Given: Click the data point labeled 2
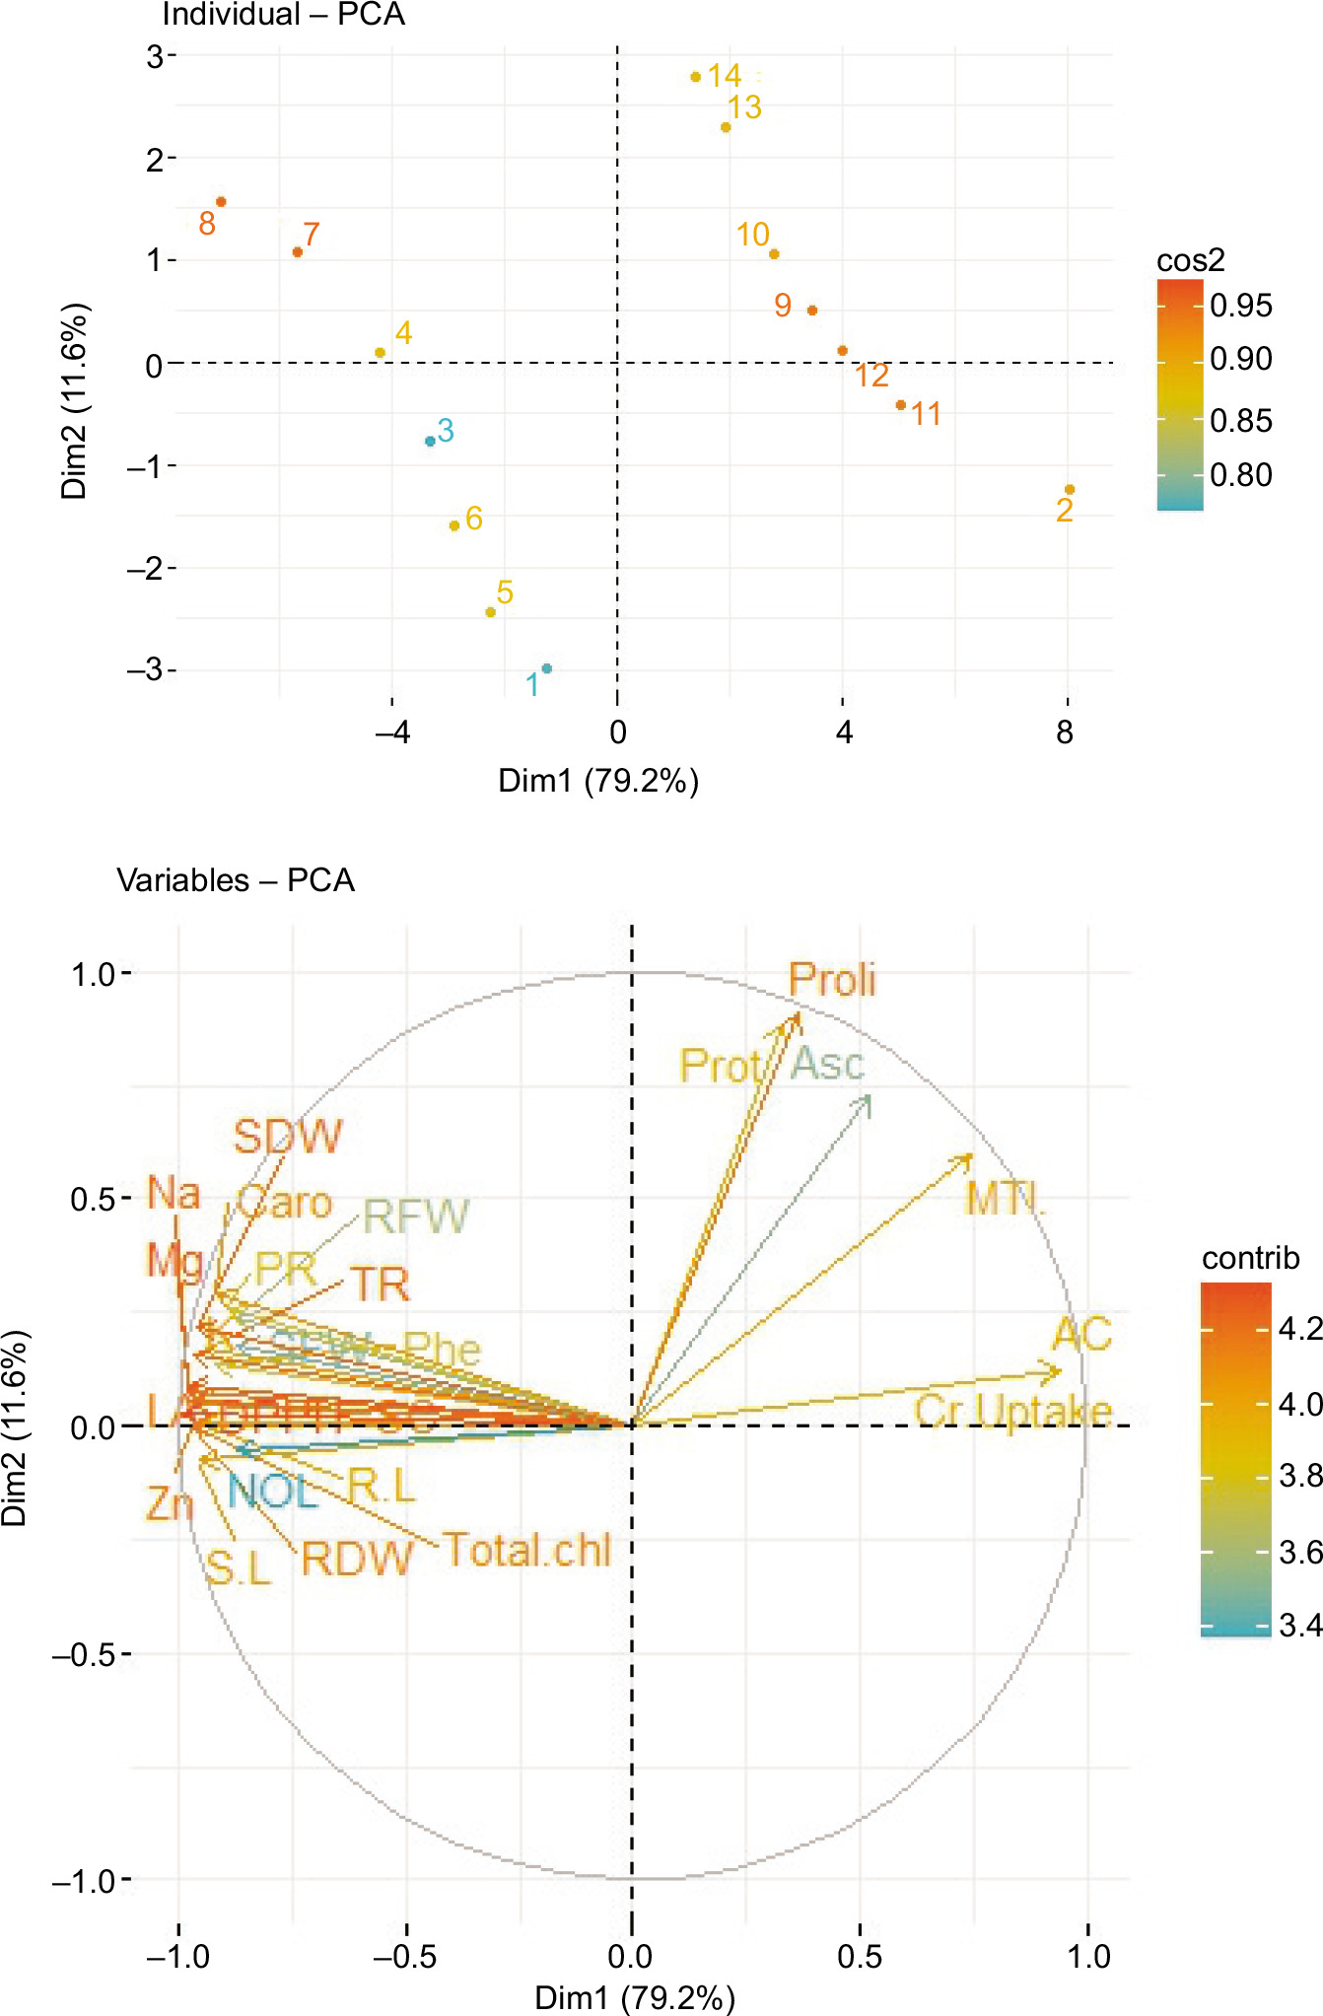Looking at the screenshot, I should coord(1069,490).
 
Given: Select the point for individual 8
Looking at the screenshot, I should coord(221,202).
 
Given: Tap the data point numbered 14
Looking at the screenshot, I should coord(695,77).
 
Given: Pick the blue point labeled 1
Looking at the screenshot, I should coord(547,668).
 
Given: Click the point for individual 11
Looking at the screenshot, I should coord(900,405).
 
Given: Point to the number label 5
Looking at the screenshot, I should coord(505,592).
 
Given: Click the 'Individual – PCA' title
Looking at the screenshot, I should coord(283,15).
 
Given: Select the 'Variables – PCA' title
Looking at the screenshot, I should coord(236,879).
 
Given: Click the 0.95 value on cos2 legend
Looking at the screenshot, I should coord(1241,306).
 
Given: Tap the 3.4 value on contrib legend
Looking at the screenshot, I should coord(1300,1625).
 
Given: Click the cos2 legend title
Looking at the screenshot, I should coord(1190,260).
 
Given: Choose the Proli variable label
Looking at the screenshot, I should coord(832,980).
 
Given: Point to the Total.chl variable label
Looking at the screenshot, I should coord(527,1550).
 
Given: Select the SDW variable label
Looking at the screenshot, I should coord(287,1137).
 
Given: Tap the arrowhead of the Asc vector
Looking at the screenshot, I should coord(868,1098).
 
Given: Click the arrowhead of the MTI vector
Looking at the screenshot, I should coord(971,1156).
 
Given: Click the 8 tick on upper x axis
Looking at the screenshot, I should coord(1065,732).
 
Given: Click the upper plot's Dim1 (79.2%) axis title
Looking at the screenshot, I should coord(598,781).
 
